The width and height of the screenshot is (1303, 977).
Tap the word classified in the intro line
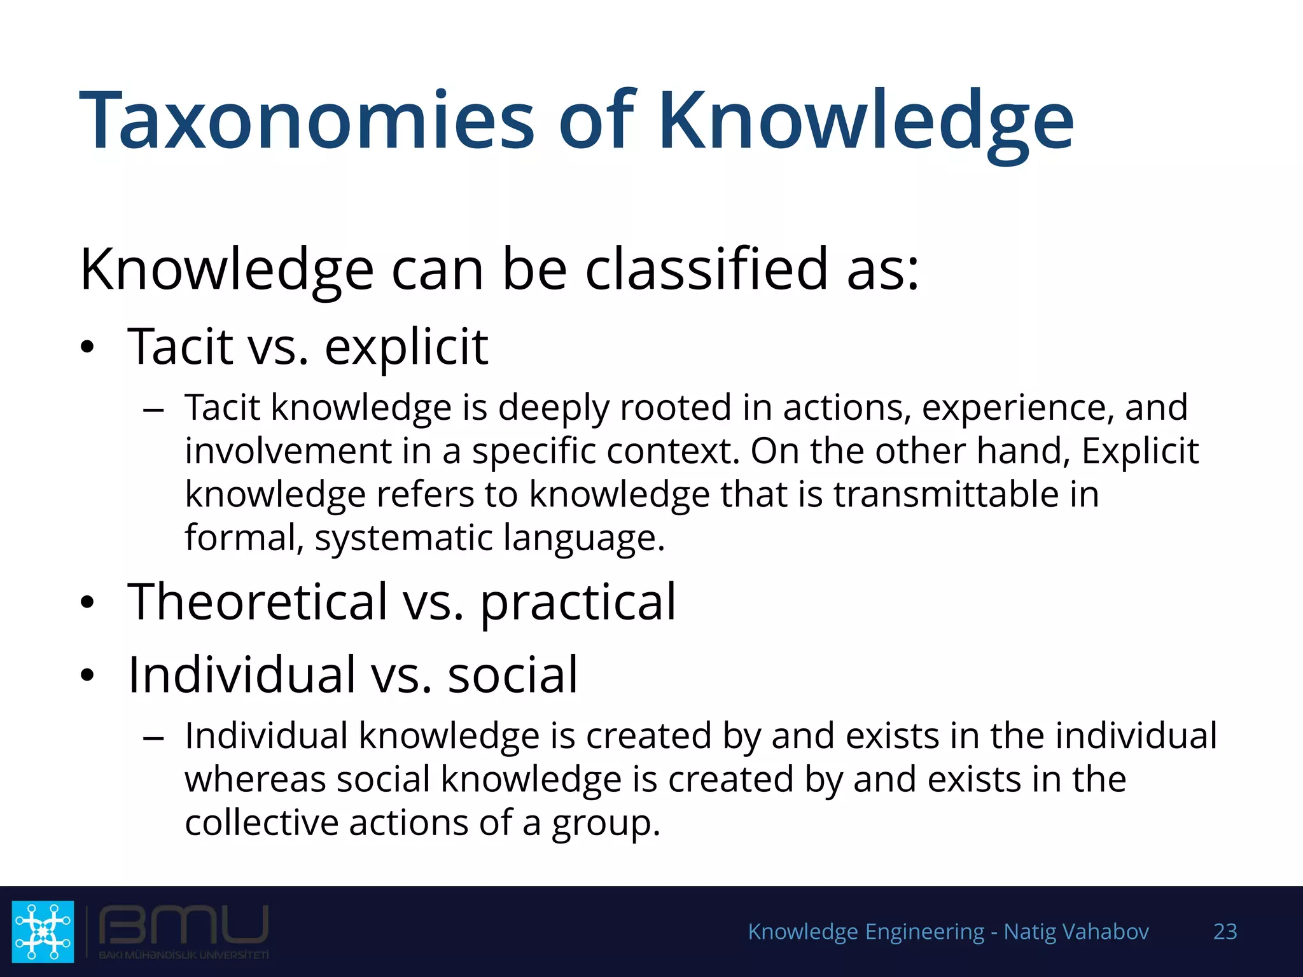tap(706, 270)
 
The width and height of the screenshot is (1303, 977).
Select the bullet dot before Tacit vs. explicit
tap(87, 348)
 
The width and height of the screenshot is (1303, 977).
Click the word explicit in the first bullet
tap(406, 348)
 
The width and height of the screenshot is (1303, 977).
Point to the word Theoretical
tap(257, 602)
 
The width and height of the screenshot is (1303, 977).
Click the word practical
tap(578, 603)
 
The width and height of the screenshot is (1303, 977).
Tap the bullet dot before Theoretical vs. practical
tap(87, 603)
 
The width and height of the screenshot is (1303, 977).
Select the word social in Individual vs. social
tap(513, 675)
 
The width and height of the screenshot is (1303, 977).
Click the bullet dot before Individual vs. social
tap(87, 676)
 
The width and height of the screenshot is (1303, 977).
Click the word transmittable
tap(942, 494)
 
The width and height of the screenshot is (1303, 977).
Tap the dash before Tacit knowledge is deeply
tap(154, 410)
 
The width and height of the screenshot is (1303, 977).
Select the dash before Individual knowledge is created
tap(154, 738)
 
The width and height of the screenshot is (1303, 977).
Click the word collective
tap(261, 823)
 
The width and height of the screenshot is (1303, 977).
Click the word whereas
tap(254, 780)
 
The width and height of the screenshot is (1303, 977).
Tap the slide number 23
tap(1225, 931)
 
